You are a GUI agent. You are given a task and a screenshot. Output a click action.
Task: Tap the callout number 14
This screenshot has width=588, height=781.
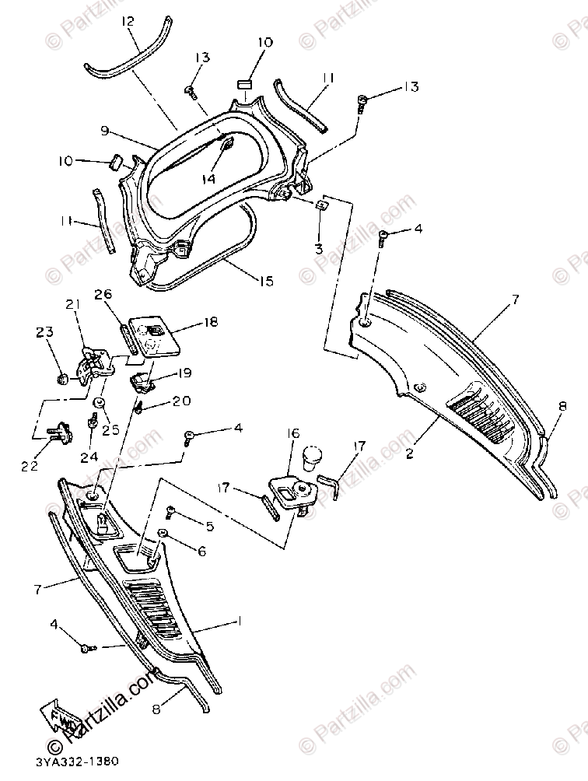click(x=208, y=178)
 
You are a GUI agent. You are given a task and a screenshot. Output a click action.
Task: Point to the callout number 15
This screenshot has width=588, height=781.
click(x=265, y=281)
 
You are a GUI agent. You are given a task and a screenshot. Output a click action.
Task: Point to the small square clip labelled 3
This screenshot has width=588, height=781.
click(x=320, y=205)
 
